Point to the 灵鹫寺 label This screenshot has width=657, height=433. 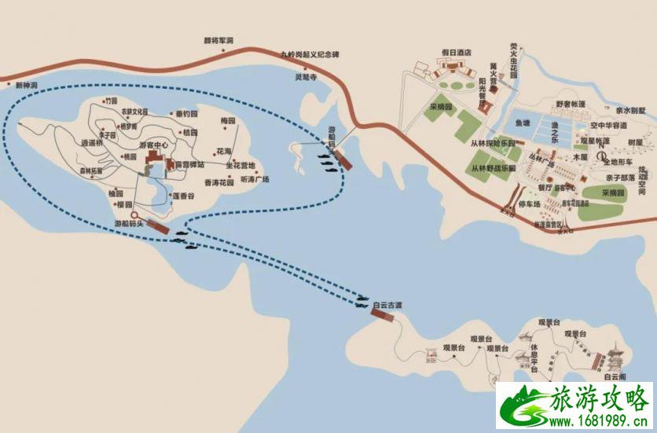(306, 77)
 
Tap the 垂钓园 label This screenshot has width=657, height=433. (187, 114)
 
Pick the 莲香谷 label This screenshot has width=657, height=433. (183, 195)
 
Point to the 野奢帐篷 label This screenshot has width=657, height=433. (571, 103)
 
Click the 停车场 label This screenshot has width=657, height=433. (532, 204)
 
